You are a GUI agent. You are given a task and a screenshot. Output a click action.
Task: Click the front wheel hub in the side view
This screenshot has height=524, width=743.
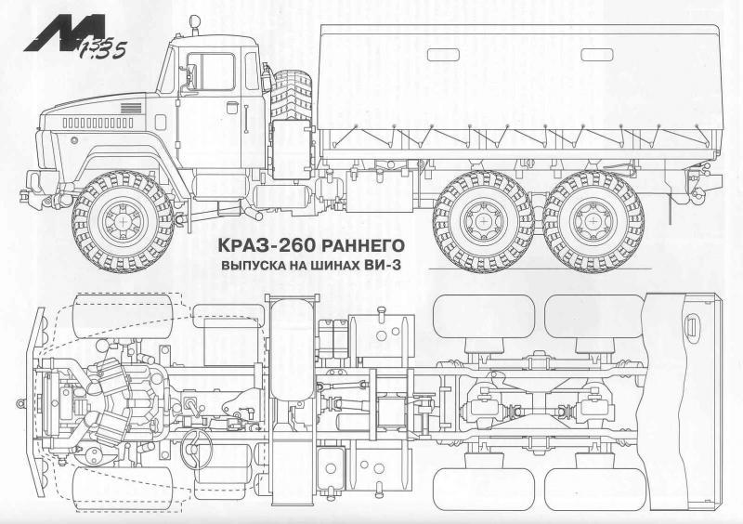click(x=123, y=221)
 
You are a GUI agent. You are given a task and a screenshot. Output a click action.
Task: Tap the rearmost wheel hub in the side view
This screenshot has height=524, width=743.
click(x=593, y=221)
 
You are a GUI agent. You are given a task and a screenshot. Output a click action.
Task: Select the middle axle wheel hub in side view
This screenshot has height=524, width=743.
click(x=483, y=221)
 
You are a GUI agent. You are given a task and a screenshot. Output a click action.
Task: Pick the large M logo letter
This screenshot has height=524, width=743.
click(x=64, y=33)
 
